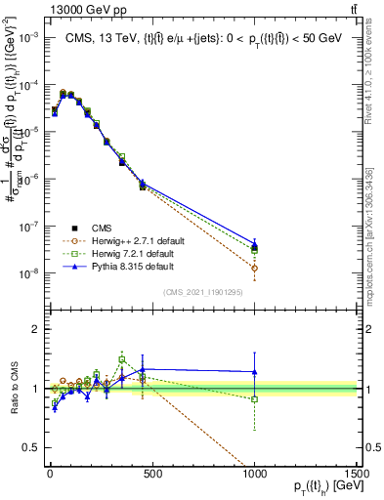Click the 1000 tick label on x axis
[x=254, y=473]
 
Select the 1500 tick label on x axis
[x=356, y=473]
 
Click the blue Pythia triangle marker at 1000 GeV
[x=254, y=245]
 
